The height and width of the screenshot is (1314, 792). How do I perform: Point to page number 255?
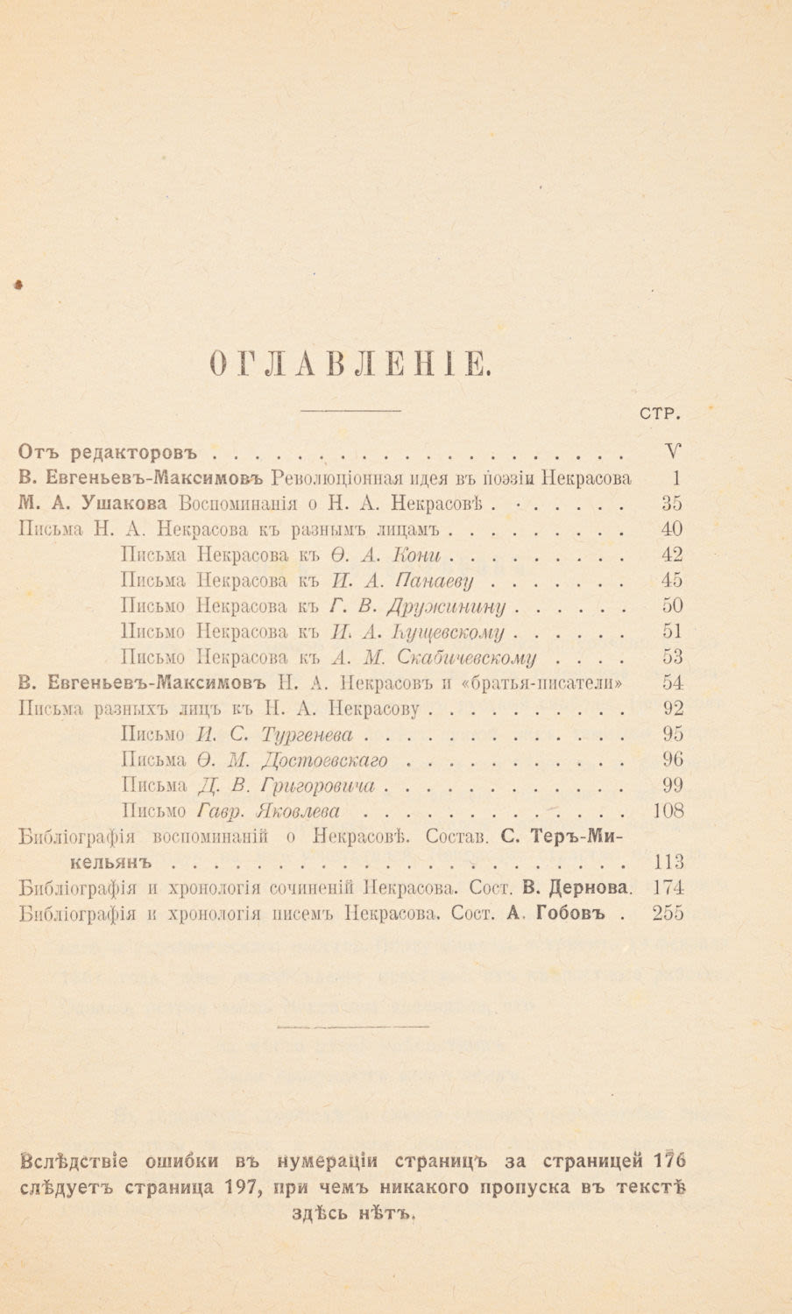(668, 912)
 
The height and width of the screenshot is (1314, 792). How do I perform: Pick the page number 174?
(668, 887)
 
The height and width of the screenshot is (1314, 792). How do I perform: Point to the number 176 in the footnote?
(669, 1162)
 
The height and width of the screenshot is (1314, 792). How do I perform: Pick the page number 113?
(668, 861)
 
